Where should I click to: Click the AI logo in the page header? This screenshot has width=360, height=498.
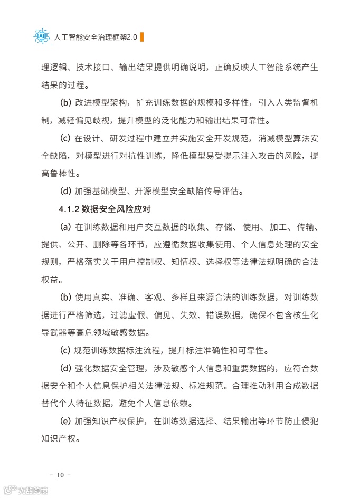pyautogui.click(x=42, y=36)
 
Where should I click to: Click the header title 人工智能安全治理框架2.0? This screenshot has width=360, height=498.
pyautogui.click(x=95, y=37)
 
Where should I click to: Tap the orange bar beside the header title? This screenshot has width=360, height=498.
pyautogui.click(x=141, y=37)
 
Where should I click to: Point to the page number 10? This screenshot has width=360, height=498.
pyautogui.click(x=60, y=475)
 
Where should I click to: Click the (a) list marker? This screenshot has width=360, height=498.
pyautogui.click(x=65, y=227)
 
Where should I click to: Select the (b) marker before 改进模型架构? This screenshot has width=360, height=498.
pyautogui.click(x=65, y=102)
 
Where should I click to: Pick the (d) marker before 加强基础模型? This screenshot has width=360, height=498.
pyautogui.click(x=65, y=191)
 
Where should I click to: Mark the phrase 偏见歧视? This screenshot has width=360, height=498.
pyautogui.click(x=88, y=120)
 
